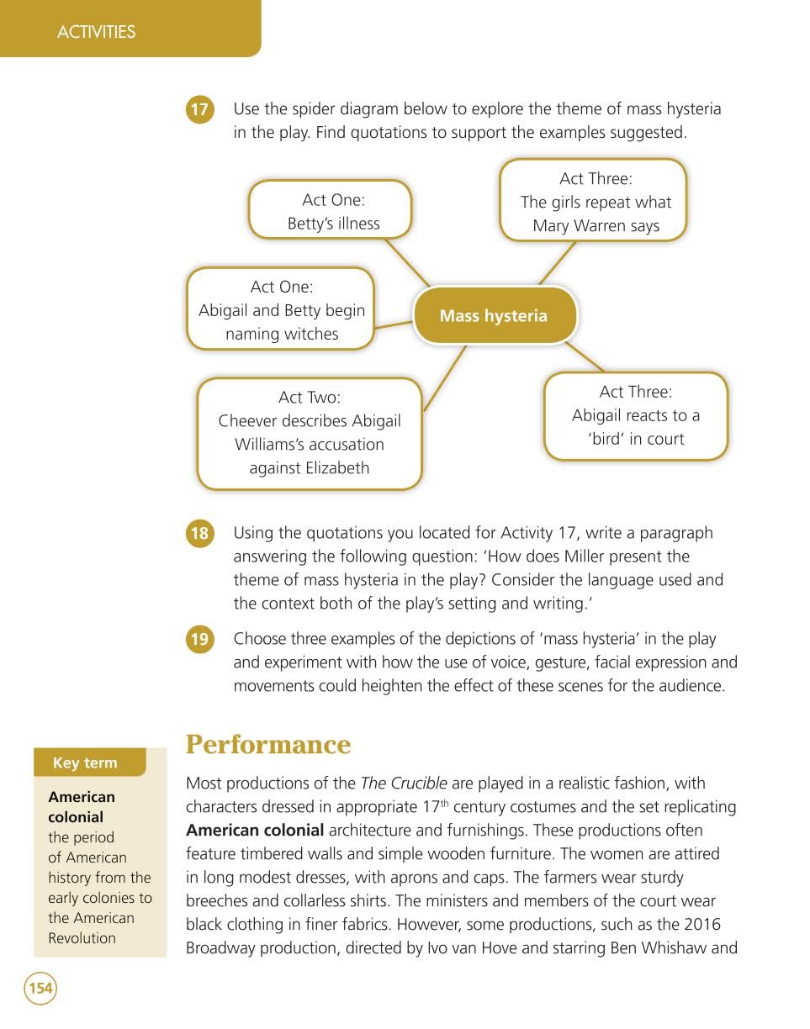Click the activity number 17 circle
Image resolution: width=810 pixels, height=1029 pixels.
pyautogui.click(x=199, y=110)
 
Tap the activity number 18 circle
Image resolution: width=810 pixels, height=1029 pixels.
pyautogui.click(x=199, y=534)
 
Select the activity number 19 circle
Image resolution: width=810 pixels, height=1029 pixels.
pyautogui.click(x=199, y=640)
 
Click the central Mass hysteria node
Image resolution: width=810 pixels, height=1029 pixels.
pyautogui.click(x=494, y=316)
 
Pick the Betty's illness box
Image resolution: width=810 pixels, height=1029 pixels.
pyautogui.click(x=330, y=210)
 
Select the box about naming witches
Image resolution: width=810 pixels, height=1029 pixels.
pyautogui.click(x=280, y=309)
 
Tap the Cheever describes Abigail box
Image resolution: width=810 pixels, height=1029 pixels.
pyautogui.click(x=309, y=433)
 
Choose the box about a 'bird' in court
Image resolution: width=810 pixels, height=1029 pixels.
pyautogui.click(x=635, y=415)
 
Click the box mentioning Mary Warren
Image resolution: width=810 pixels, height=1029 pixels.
pyautogui.click(x=594, y=202)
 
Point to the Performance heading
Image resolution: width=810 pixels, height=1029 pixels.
pyautogui.click(x=267, y=745)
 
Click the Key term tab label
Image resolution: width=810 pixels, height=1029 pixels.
pyautogui.click(x=85, y=763)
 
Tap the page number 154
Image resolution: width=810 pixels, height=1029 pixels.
pyautogui.click(x=40, y=988)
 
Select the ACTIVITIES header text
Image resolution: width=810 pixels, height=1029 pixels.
pyautogui.click(x=96, y=32)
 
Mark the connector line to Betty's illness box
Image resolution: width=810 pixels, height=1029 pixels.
pyautogui.click(x=407, y=262)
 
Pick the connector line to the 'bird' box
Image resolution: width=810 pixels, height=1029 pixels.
pyautogui.click(x=584, y=356)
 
